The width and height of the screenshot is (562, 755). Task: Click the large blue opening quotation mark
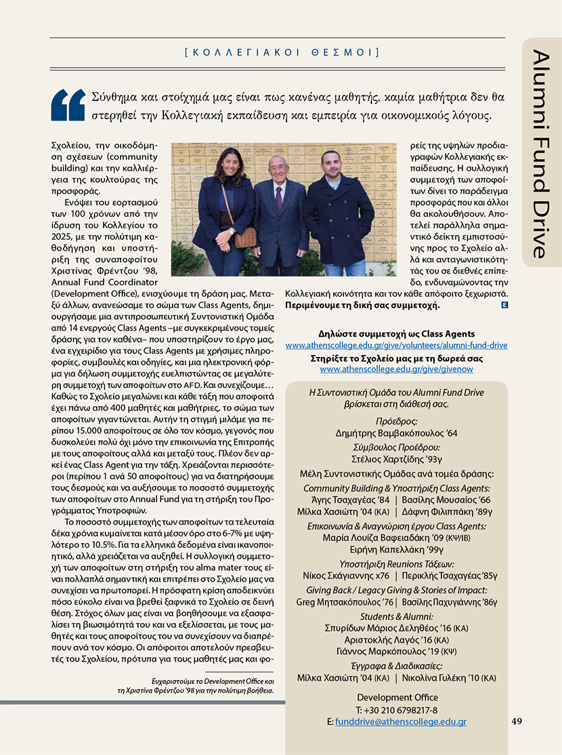pyautogui.click(x=69, y=105)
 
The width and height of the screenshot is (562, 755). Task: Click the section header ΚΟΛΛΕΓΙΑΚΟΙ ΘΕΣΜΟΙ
pyautogui.click(x=281, y=51)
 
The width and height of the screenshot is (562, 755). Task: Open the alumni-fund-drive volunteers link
pyautogui.click(x=396, y=345)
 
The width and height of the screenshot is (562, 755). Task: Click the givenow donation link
pyautogui.click(x=396, y=369)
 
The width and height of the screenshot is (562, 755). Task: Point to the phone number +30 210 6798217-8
pyautogui.click(x=397, y=710)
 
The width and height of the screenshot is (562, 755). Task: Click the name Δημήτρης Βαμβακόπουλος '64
pyautogui.click(x=397, y=433)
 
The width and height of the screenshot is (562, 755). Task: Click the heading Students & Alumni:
pyautogui.click(x=397, y=616)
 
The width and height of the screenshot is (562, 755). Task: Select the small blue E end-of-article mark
pyautogui.click(x=504, y=305)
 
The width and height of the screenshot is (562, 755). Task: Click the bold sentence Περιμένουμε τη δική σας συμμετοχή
pyautogui.click(x=363, y=305)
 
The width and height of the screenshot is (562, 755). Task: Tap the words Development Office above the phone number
pyautogui.click(x=397, y=697)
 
